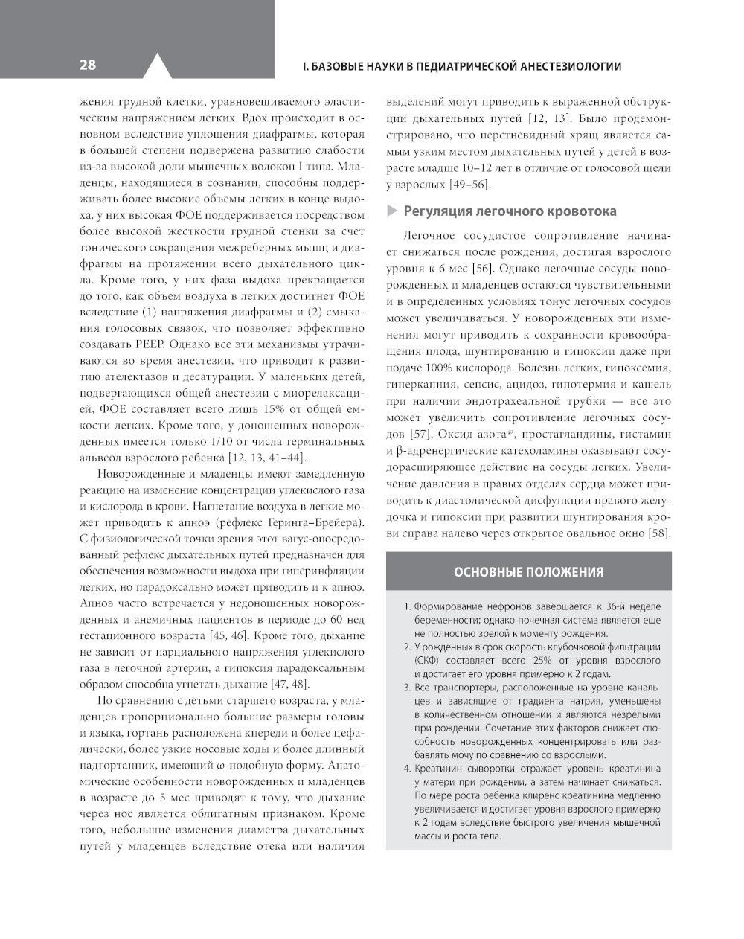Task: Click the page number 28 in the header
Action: [x=87, y=65]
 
